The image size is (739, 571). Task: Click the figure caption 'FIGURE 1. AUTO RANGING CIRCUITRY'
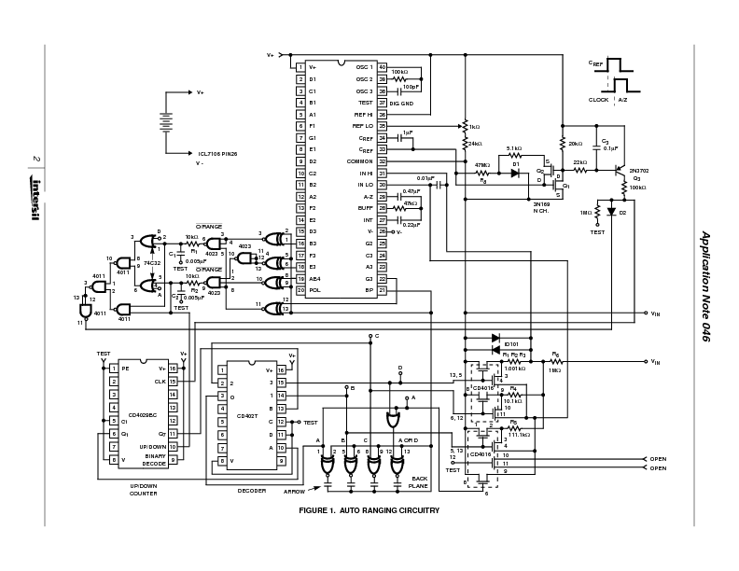pyautogui.click(x=369, y=510)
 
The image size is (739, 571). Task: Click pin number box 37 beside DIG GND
pyautogui.click(x=382, y=103)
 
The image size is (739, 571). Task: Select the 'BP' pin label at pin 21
pyautogui.click(x=369, y=290)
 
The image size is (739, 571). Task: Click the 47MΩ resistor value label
pyautogui.click(x=481, y=165)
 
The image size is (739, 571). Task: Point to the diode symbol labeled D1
pyautogui.click(x=514, y=174)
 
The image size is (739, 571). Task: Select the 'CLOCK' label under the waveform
pyautogui.click(x=598, y=99)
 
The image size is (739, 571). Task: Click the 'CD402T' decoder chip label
pyautogui.click(x=246, y=415)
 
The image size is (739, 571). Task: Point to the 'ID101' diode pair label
pyautogui.click(x=511, y=344)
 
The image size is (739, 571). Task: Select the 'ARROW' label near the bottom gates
pyautogui.click(x=295, y=488)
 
